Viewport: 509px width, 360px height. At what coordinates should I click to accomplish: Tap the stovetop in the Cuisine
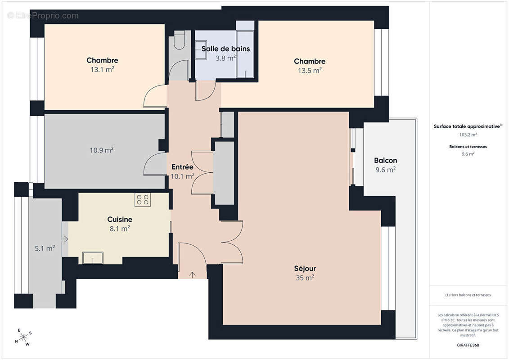(x=143, y=200)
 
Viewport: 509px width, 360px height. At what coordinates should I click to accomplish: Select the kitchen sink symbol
(x=93, y=258)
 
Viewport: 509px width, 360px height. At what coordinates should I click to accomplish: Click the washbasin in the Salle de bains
(x=201, y=49)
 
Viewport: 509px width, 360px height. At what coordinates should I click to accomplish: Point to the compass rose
(x=23, y=337)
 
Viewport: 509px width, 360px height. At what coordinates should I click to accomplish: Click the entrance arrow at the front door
(x=193, y=274)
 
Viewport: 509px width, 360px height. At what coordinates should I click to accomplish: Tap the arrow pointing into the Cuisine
(x=65, y=239)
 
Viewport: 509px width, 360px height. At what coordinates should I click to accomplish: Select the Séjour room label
(x=305, y=269)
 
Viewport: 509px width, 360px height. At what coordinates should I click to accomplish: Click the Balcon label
(x=385, y=160)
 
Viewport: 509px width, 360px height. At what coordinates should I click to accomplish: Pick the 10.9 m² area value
(x=102, y=150)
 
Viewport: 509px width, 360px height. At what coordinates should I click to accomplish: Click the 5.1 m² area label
(x=45, y=248)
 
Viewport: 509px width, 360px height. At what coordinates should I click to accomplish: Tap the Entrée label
(x=182, y=167)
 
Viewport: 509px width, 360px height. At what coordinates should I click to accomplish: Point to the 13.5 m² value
(x=310, y=71)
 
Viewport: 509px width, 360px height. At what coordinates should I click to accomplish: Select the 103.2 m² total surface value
(x=468, y=135)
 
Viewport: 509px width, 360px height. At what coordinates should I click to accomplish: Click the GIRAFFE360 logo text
(x=468, y=345)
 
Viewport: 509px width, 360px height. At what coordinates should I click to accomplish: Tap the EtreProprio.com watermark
(x=43, y=16)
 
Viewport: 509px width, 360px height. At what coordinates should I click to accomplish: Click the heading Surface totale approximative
(x=467, y=126)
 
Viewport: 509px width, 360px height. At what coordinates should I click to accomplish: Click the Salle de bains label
(x=225, y=49)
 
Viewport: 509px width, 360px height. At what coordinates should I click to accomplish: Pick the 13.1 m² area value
(x=102, y=69)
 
